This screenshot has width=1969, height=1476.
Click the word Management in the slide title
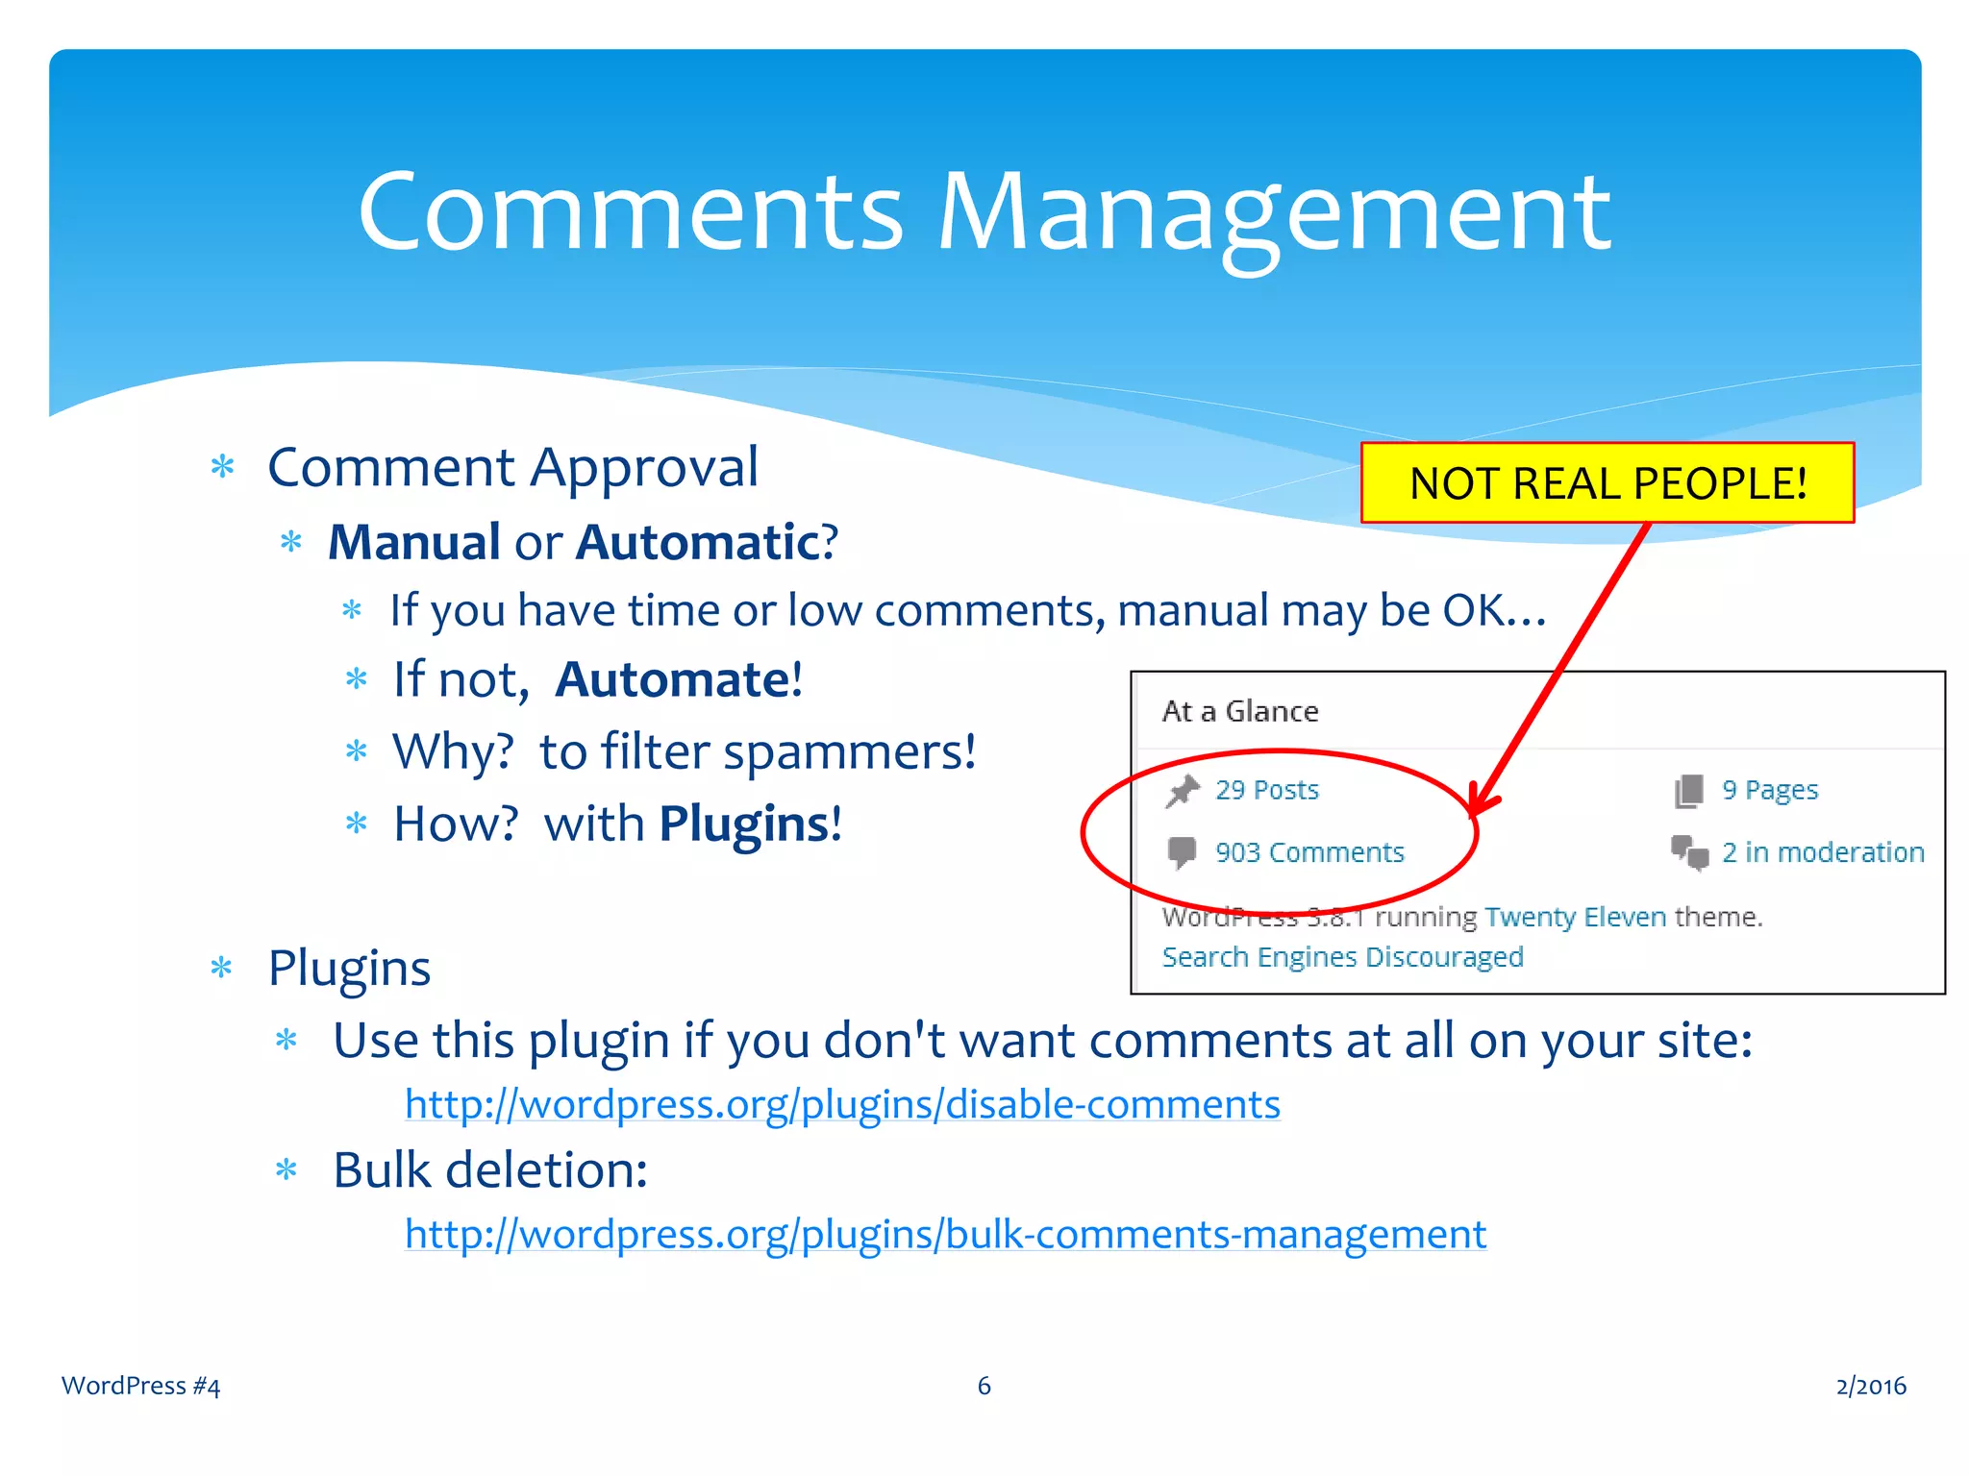1274,213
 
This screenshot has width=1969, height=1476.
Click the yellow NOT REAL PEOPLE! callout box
1607,483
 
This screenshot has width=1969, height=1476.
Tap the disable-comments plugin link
842,1105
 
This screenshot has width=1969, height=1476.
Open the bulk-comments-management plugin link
945,1235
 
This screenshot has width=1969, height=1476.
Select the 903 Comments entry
1309,852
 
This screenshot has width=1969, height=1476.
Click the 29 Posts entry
1266,790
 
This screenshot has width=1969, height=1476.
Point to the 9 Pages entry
1769,790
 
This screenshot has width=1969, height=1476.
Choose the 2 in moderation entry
1822,852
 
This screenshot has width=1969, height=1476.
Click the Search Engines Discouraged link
1342,957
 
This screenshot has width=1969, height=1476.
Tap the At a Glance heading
1240,711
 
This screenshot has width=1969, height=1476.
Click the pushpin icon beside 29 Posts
1183,791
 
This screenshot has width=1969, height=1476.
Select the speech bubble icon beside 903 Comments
1182,852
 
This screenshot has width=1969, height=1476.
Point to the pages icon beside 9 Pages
1689,791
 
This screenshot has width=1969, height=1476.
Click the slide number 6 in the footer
984,1386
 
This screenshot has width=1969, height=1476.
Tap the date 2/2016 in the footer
1870,1386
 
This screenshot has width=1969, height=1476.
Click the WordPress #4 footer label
140,1386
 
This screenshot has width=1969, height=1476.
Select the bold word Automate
673,680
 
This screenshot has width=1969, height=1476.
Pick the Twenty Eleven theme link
1575,917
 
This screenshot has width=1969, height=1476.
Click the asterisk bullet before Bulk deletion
287,1170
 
